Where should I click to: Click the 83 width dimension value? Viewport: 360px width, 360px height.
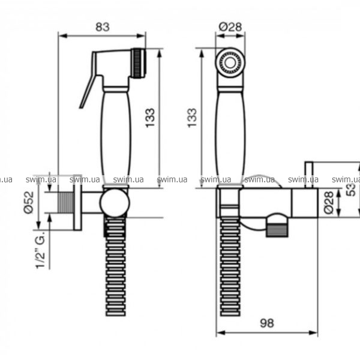tap(103, 27)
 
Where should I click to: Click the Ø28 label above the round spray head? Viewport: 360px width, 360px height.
tap(230, 26)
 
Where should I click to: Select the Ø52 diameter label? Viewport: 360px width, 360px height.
tap(29, 203)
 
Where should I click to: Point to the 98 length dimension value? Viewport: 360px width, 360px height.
tap(267, 323)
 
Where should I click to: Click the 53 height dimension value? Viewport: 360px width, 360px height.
tap(351, 189)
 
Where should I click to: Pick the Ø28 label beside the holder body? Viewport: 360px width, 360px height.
tap(329, 203)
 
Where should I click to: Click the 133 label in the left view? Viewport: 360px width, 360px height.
tap(150, 118)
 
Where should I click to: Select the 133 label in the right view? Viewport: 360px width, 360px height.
tap(192, 118)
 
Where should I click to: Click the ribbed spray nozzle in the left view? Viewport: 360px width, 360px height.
tap(139, 64)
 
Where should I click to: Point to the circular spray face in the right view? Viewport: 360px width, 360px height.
tap(230, 62)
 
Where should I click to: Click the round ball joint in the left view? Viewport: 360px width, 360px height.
tap(115, 203)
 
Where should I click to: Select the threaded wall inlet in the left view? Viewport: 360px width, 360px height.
tap(65, 203)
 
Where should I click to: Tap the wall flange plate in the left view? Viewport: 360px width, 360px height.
tap(77, 203)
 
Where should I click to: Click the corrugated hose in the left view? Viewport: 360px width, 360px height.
tap(116, 266)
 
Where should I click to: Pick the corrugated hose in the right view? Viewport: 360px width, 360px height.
tap(230, 266)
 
